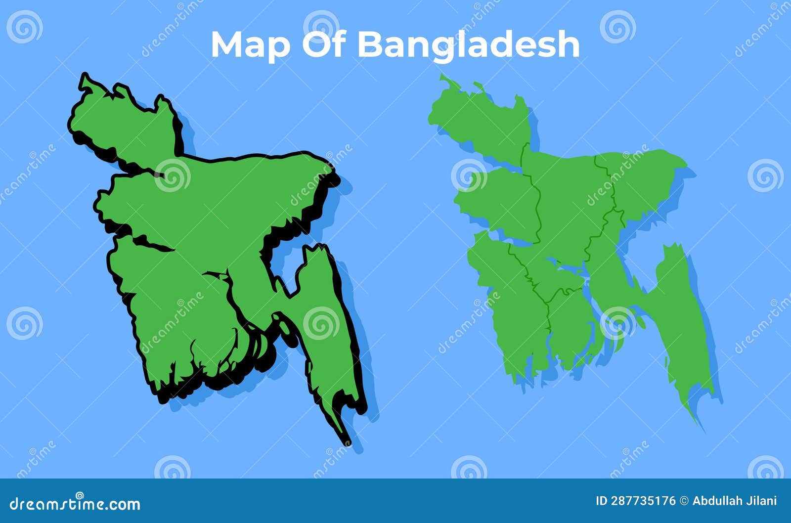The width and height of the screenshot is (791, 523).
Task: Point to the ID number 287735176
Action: click(x=643, y=501)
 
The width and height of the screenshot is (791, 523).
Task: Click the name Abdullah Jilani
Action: click(x=735, y=501)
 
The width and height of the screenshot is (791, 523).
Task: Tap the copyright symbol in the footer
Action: click(x=684, y=501)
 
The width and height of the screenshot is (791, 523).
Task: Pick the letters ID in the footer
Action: click(x=602, y=501)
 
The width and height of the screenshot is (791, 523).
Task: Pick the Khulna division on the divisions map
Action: click(x=509, y=306)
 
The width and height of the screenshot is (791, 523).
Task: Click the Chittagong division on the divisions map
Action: click(x=677, y=316)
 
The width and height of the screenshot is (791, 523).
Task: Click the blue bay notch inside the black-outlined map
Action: click(x=287, y=262)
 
